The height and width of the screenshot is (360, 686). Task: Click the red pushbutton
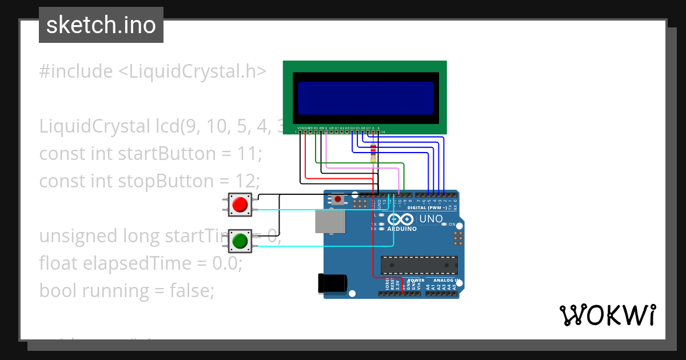[240, 205]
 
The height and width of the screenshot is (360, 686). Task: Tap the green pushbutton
[240, 241]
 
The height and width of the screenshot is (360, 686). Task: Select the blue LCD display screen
[366, 97]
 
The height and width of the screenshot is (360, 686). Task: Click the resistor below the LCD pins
[373, 153]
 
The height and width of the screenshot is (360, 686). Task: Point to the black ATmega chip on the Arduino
[420, 265]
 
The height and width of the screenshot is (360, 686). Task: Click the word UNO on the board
[431, 219]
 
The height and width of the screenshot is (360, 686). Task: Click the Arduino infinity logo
[400, 219]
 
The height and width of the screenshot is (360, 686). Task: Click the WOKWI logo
[607, 315]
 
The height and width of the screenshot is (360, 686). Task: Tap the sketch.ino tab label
[101, 25]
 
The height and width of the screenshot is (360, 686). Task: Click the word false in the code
[190, 291]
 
